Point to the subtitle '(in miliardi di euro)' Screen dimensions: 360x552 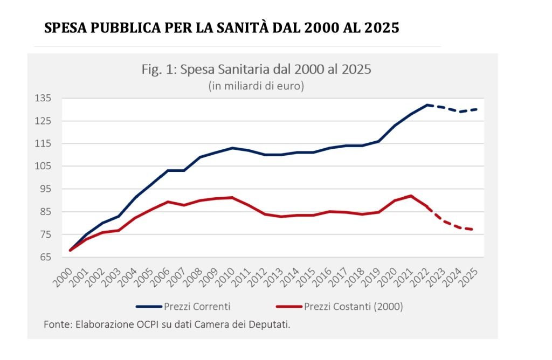(x=256, y=86)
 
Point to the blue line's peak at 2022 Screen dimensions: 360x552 (x=427, y=105)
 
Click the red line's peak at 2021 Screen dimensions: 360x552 (x=411, y=196)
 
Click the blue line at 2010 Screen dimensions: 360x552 (x=232, y=148)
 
